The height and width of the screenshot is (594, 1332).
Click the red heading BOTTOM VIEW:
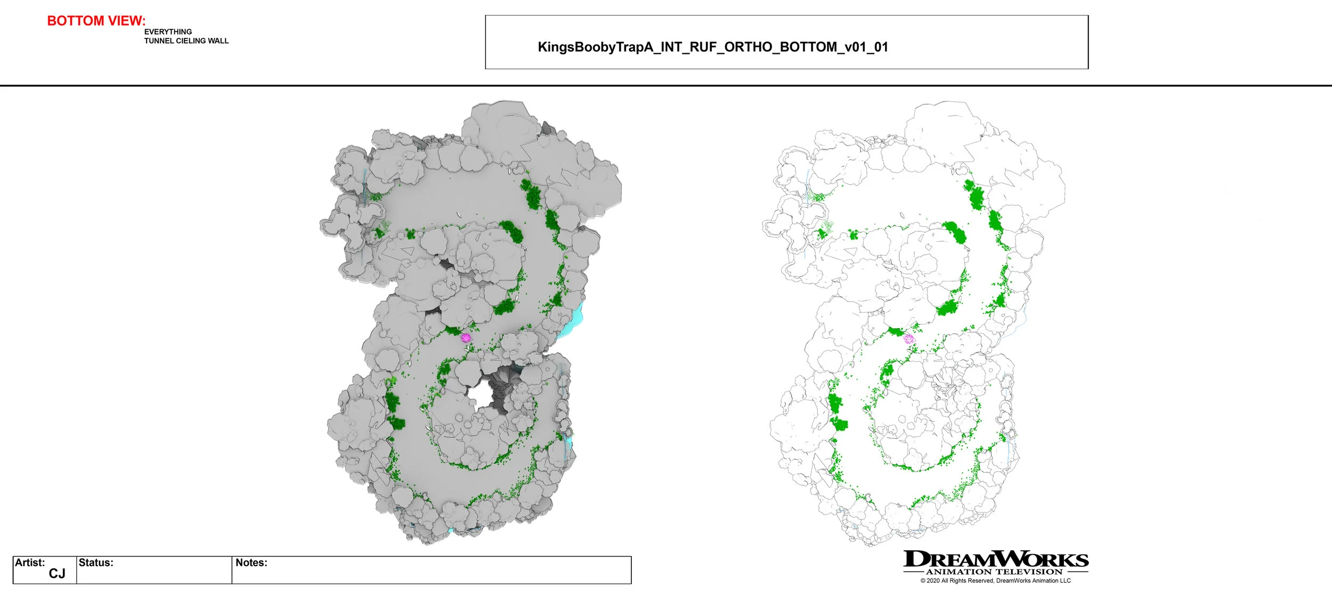click(96, 21)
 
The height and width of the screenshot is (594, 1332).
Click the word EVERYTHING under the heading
click(168, 32)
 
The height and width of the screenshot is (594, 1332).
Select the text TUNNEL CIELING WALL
click(186, 41)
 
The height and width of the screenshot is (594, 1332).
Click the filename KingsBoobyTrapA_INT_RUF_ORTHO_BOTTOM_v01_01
click(712, 47)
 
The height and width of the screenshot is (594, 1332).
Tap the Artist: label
click(30, 563)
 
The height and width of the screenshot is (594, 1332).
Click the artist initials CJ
click(56, 574)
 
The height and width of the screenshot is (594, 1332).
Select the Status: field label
click(96, 563)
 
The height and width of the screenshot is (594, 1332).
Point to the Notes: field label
click(251, 563)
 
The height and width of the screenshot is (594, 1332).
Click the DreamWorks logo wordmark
click(995, 559)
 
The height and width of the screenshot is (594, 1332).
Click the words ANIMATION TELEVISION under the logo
click(994, 572)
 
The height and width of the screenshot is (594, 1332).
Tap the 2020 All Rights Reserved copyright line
click(995, 581)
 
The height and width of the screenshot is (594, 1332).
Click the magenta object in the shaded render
click(466, 338)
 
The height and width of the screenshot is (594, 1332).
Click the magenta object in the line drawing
click(908, 339)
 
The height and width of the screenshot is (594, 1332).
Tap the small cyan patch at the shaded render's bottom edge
click(451, 531)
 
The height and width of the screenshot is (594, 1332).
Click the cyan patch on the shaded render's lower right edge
click(568, 442)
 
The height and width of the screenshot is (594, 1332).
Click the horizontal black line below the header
click(666, 85)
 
